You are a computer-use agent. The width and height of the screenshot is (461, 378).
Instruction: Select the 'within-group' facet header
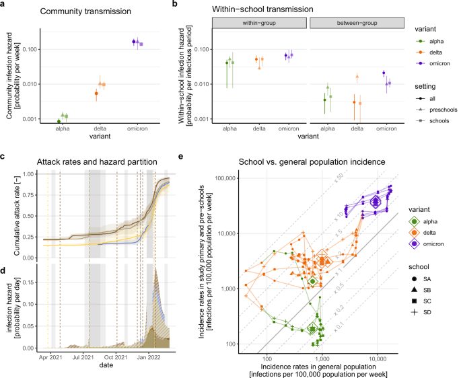[259, 23]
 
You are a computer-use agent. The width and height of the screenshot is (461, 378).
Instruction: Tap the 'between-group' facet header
[355, 23]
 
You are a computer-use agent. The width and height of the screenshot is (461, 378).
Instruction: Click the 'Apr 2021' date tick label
[52, 359]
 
